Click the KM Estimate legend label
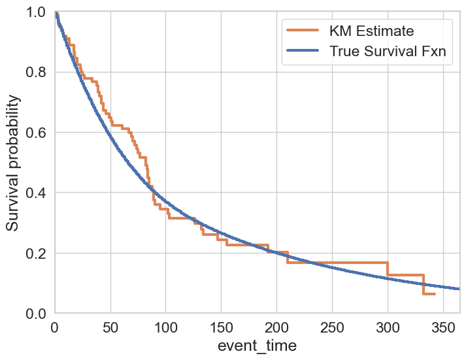click(372, 31)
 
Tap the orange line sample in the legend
click(303, 31)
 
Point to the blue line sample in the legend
click(303, 52)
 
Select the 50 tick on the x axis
click(110, 326)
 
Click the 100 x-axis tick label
click(166, 326)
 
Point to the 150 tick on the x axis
click(222, 326)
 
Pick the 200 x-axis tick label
click(277, 326)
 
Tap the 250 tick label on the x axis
click(333, 326)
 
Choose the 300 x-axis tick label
click(388, 326)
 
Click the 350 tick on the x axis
click(444, 326)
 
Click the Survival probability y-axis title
click(13, 163)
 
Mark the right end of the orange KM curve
click(435, 294)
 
